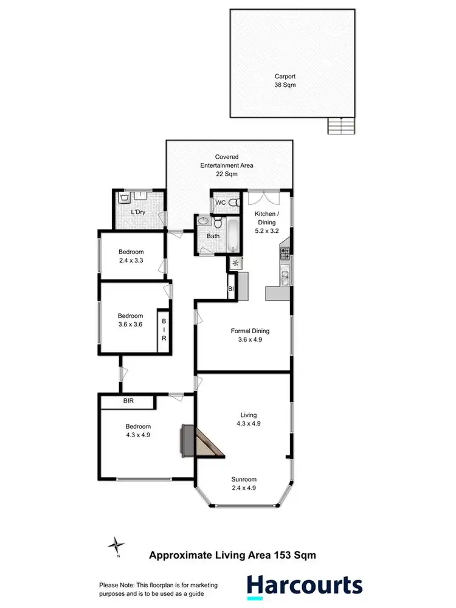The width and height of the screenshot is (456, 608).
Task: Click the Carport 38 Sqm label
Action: tap(292, 81)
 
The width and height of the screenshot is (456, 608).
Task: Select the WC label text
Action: tap(221, 202)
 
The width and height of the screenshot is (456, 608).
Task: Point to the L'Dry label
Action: tap(139, 212)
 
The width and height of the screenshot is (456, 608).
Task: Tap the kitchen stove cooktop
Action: tap(285, 252)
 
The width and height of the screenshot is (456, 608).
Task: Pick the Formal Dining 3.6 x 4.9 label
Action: tap(250, 336)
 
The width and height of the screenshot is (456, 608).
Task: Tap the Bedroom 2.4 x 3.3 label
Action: tap(131, 257)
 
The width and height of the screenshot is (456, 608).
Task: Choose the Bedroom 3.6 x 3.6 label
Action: tap(131, 320)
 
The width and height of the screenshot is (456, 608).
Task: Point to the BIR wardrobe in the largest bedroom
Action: tap(128, 401)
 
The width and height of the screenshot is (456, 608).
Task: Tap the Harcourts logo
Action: tap(304, 586)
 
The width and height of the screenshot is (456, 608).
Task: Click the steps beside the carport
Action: tap(340, 126)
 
